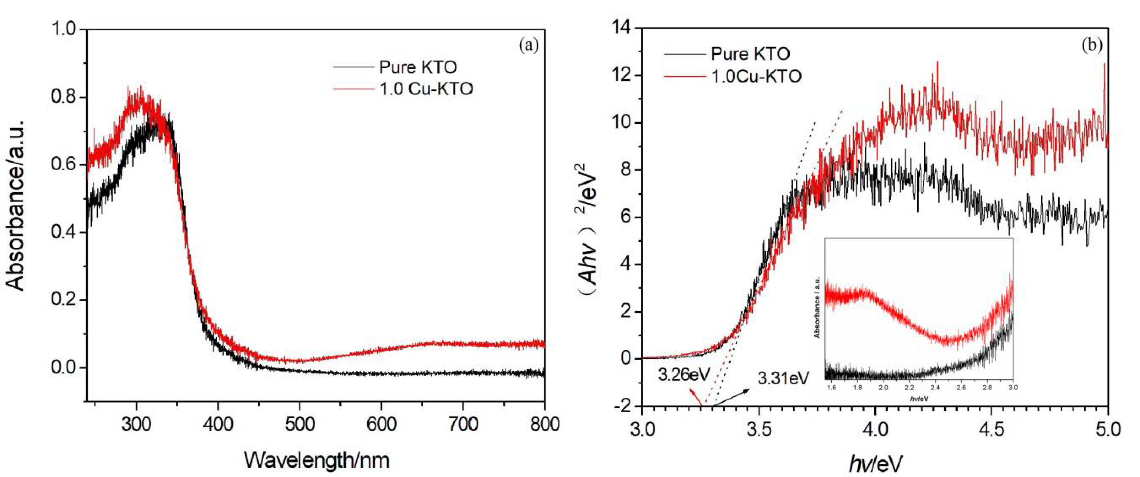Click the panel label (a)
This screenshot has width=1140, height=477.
click(529, 45)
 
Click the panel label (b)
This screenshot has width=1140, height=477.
click(1092, 45)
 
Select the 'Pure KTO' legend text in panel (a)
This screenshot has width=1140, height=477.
click(418, 67)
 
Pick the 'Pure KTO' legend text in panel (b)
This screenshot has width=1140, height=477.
click(751, 54)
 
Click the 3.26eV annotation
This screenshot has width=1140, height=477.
click(684, 375)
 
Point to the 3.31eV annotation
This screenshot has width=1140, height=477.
click(784, 378)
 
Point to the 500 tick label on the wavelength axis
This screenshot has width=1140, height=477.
click(299, 424)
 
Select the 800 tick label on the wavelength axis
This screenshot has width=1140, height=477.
click(545, 424)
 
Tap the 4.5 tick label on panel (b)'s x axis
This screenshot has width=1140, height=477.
click(991, 429)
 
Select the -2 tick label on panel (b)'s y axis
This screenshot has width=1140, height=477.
click(621, 406)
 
